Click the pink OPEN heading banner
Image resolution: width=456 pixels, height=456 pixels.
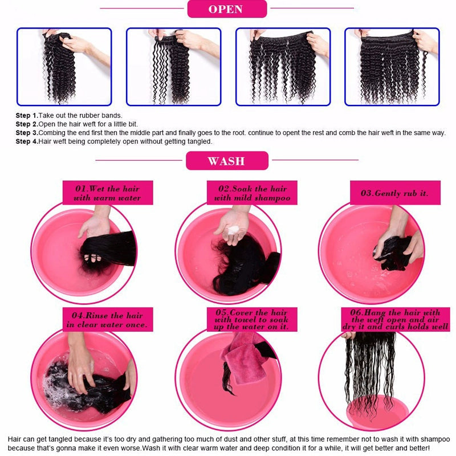pyautogui.click(x=226, y=9)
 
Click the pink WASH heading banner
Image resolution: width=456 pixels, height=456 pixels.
pyautogui.click(x=226, y=161)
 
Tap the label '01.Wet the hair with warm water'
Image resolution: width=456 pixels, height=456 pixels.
pyautogui.click(x=107, y=193)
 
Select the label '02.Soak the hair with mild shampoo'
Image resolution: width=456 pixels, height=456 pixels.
pyautogui.click(x=253, y=193)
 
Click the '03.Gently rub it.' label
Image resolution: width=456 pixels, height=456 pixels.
pyautogui.click(x=394, y=193)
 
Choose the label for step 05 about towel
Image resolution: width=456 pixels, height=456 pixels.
pyautogui.click(x=253, y=320)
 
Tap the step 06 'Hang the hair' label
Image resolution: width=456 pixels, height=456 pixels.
pyautogui.click(x=394, y=320)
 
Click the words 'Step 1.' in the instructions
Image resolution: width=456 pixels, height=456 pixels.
pyautogui.click(x=26, y=116)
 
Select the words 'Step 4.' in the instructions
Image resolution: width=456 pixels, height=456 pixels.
pyautogui.click(x=26, y=141)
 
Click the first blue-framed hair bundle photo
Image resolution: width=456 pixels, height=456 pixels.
pyautogui.click(x=64, y=67)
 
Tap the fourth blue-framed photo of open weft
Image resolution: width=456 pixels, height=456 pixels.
pyautogui.click(x=392, y=67)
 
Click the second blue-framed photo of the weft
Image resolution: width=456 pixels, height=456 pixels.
pyautogui.click(x=173, y=67)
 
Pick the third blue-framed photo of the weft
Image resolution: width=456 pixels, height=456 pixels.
pyautogui.click(x=283, y=67)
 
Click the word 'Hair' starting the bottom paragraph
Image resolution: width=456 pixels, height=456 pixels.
pyautogui.click(x=15, y=439)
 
